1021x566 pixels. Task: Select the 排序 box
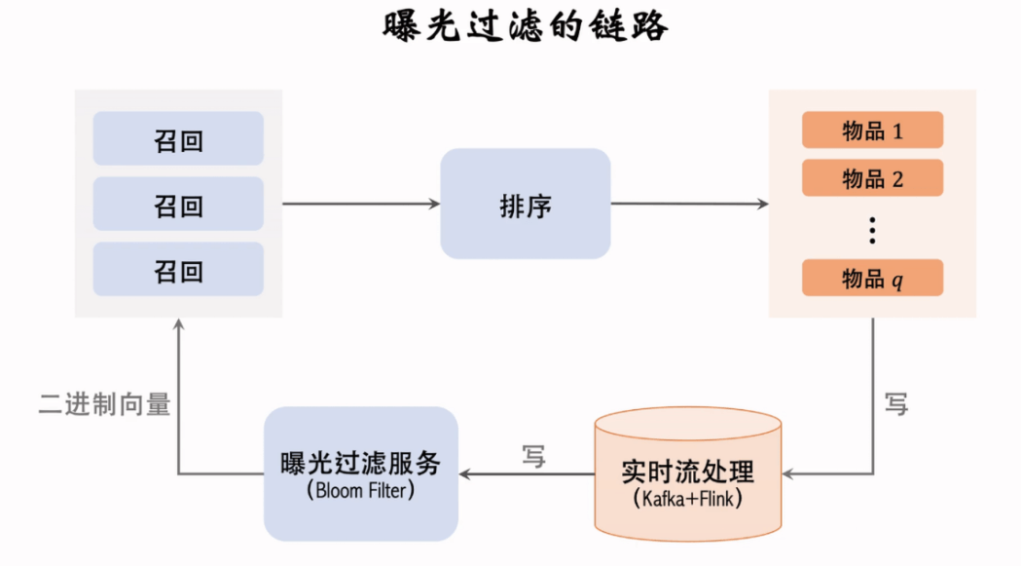click(x=526, y=205)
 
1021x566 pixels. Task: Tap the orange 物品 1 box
click(x=872, y=131)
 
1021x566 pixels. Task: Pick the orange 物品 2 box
click(x=872, y=178)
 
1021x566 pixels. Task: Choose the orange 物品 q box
click(x=872, y=279)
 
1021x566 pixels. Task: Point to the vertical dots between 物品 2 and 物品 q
click(x=872, y=230)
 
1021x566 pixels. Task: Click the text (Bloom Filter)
click(x=360, y=490)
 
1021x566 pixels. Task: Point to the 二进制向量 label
click(x=104, y=403)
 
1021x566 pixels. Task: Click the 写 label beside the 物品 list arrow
click(x=896, y=403)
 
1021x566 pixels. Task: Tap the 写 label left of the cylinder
click(x=533, y=455)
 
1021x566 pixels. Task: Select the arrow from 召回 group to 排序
click(x=361, y=204)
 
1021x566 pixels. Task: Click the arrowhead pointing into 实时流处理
click(x=788, y=474)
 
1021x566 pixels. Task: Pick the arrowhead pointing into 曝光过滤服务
click(x=466, y=474)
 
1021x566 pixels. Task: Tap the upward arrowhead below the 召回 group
click(x=178, y=324)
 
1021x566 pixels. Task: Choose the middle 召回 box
click(x=178, y=205)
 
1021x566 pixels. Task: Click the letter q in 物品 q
click(x=897, y=281)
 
